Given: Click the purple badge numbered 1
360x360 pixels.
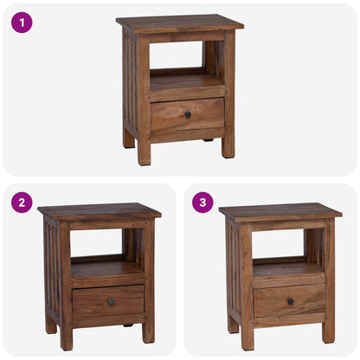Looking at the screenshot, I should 22,22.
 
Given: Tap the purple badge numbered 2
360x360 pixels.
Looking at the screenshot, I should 22,202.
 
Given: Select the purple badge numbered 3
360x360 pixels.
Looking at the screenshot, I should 203,202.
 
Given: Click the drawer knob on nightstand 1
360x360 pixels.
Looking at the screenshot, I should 188,114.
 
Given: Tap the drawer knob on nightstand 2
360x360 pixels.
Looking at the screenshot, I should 110,301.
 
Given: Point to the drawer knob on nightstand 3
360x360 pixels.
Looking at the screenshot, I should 290,301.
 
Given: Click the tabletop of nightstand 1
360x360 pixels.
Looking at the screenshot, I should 180,22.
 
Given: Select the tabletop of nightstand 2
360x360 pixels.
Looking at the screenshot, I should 100,210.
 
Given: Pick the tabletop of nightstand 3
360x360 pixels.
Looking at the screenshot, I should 280,210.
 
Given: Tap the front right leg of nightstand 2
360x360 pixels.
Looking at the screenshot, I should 149,333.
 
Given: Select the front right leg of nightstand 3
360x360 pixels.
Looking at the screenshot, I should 329,333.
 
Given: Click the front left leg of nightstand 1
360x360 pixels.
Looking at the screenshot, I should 144,154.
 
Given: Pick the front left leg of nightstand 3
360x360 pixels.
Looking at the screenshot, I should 247,340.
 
